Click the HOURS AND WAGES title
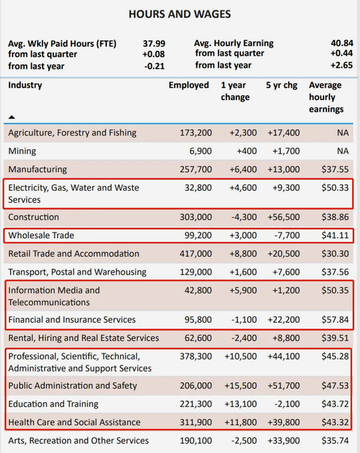point(180,14)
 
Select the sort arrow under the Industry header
point(11,117)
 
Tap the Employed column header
point(188,85)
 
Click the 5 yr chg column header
point(282,85)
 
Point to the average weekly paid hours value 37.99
point(154,44)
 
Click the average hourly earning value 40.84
point(342,43)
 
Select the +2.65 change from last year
point(341,65)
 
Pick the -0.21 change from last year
point(154,66)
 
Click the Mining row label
point(22,151)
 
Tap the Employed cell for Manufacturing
point(196,169)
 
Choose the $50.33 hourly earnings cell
point(335,188)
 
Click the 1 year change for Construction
point(244,217)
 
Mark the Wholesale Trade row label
point(41,235)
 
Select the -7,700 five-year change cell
point(287,235)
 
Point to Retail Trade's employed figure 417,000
point(196,254)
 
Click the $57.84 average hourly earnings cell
point(335,320)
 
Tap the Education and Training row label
point(53,404)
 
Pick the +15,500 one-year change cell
point(241,386)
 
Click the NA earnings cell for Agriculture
point(343,133)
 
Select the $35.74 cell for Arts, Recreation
point(335,440)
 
